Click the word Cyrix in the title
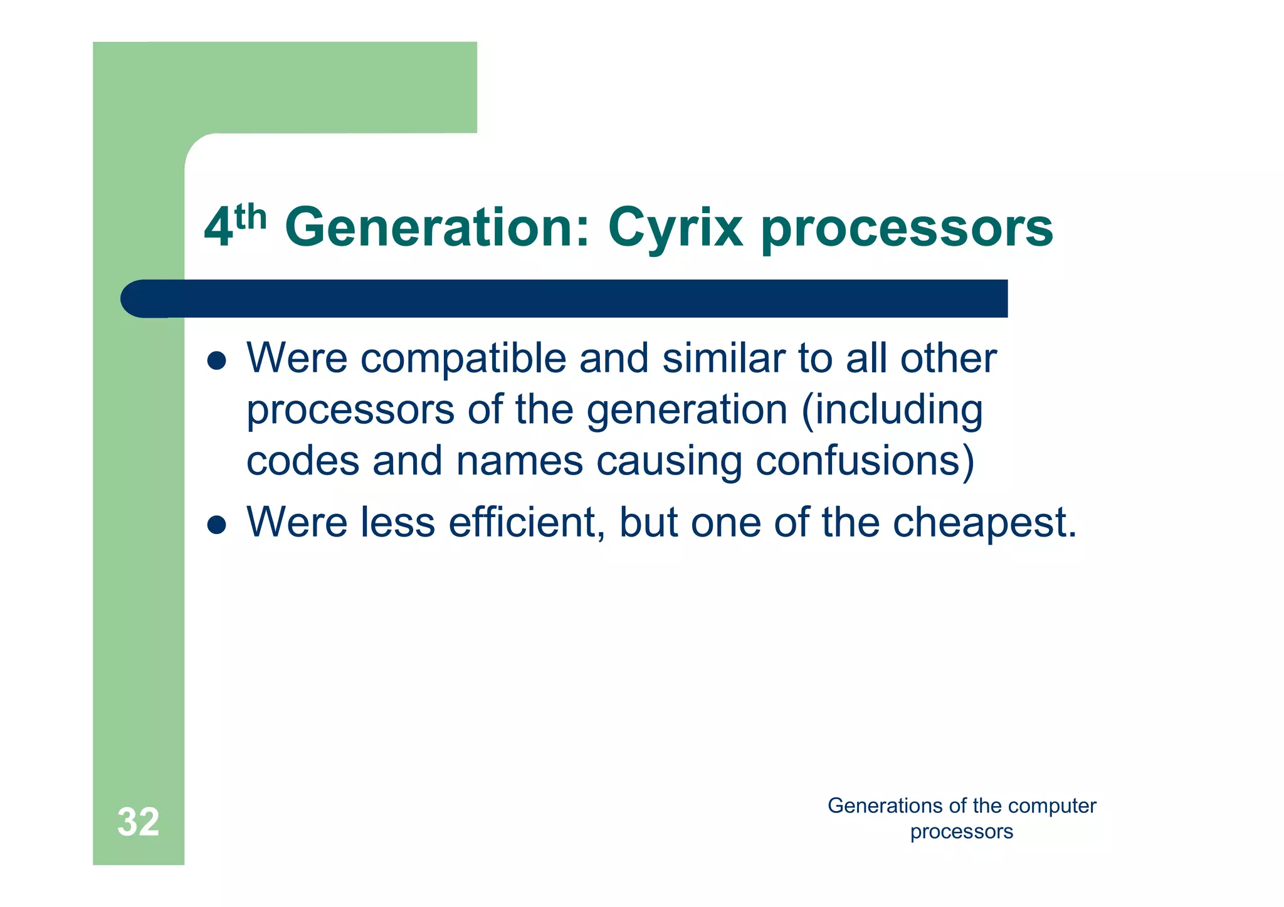(x=675, y=229)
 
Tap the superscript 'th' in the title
(x=251, y=218)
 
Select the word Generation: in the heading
(x=437, y=228)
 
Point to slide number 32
(x=138, y=822)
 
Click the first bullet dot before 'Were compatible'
(x=216, y=361)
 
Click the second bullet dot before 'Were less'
(x=216, y=525)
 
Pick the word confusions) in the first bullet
(x=865, y=461)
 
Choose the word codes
(x=303, y=461)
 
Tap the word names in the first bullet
(x=520, y=461)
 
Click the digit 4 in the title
(x=218, y=229)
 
